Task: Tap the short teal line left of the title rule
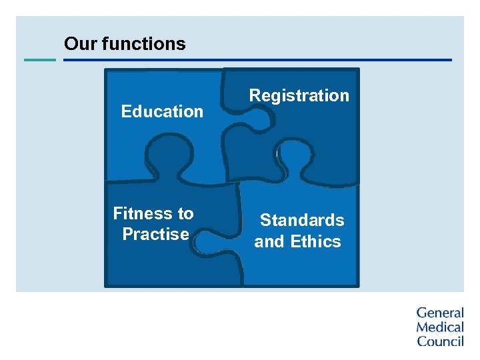[x=40, y=60]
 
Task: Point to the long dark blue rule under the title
[x=257, y=60]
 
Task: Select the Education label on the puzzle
[x=162, y=111]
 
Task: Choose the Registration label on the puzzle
[x=299, y=95]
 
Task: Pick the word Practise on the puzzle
[x=155, y=234]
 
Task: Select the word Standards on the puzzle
[x=302, y=220]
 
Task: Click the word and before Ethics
[x=269, y=241]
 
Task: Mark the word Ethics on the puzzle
[x=315, y=241]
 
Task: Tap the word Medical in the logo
[x=439, y=327]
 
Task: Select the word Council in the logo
[x=439, y=341]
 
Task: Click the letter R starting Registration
[x=255, y=95]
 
